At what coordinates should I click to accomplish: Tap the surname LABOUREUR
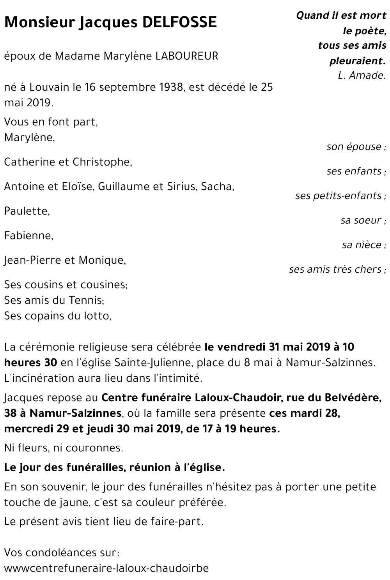187,56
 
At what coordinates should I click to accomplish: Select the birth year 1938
171,87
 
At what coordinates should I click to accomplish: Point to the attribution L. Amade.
362,76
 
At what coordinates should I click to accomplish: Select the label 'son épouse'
354,147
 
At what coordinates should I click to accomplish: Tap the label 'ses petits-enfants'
339,196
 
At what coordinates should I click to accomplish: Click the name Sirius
183,187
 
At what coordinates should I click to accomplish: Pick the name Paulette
27,212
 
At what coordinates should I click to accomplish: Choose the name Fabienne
28,236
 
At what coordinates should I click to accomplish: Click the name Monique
102,260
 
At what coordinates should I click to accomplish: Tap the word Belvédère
346,398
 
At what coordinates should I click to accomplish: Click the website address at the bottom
106,568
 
